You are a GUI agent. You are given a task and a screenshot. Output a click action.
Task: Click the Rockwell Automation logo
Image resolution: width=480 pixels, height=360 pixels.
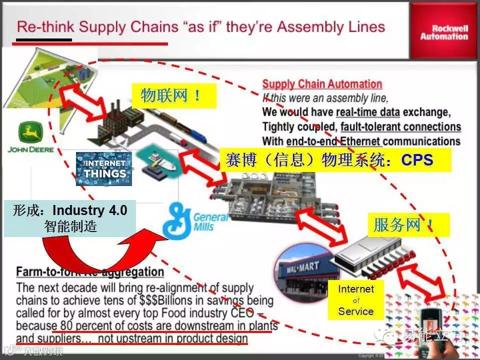point(444,32)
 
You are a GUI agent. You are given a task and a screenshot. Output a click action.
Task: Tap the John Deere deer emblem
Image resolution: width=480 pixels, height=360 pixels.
point(30,133)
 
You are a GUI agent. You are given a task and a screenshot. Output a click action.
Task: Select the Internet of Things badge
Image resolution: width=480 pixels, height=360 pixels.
point(104,168)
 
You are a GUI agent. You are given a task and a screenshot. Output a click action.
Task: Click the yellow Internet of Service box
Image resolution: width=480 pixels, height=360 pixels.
point(355,300)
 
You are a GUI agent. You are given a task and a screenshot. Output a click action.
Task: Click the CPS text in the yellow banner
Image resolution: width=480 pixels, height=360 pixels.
point(417,160)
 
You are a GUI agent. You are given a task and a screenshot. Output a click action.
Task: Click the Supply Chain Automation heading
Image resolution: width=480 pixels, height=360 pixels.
point(322,84)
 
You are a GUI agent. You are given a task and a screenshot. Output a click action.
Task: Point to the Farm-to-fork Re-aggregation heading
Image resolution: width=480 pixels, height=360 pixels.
point(90,272)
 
